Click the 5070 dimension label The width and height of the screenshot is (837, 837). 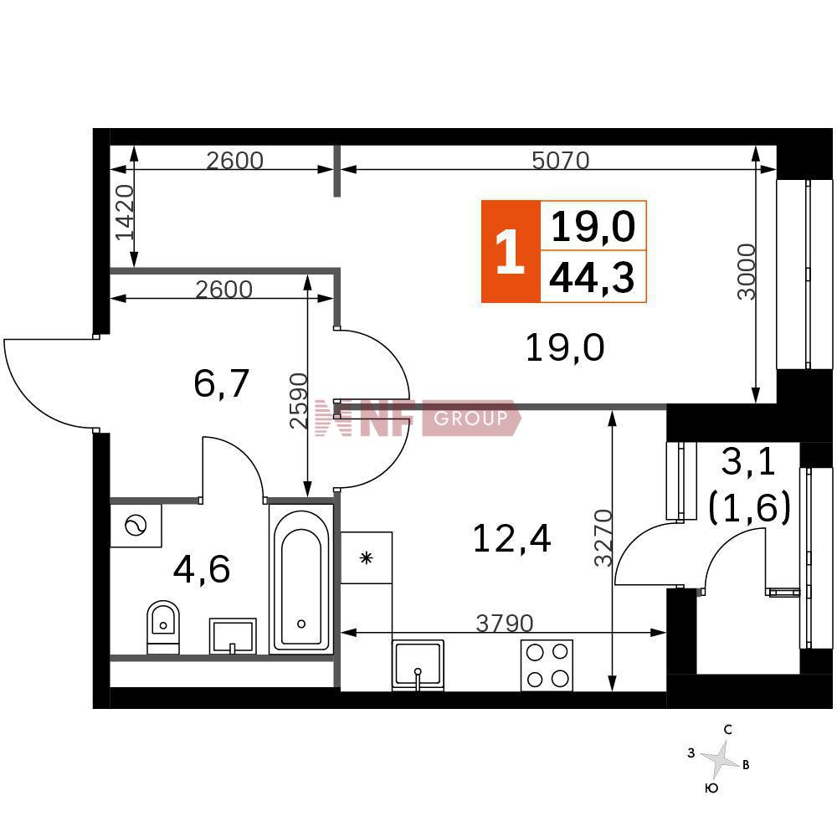[x=561, y=160]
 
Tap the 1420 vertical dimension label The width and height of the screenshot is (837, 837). [x=125, y=213]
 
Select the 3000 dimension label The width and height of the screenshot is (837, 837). [x=747, y=272]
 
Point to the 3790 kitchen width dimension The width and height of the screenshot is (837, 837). [x=505, y=623]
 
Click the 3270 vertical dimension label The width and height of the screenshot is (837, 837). [x=603, y=537]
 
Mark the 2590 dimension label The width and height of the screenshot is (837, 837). [x=299, y=401]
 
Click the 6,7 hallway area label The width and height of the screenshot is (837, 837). [x=221, y=384]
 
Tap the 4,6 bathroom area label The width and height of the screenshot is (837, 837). [x=201, y=569]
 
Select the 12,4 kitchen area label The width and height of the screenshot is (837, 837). [x=511, y=538]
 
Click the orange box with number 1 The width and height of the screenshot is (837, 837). [x=511, y=252]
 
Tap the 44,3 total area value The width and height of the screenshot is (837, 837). [x=592, y=278]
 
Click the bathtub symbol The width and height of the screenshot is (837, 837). [x=301, y=578]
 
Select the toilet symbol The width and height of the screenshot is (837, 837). [x=163, y=627]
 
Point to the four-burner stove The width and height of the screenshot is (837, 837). [x=547, y=665]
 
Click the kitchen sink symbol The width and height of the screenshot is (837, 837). [x=418, y=665]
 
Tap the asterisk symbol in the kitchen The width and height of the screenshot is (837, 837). [x=367, y=558]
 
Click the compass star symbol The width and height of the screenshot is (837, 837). [x=720, y=758]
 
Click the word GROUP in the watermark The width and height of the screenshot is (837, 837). [x=470, y=418]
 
